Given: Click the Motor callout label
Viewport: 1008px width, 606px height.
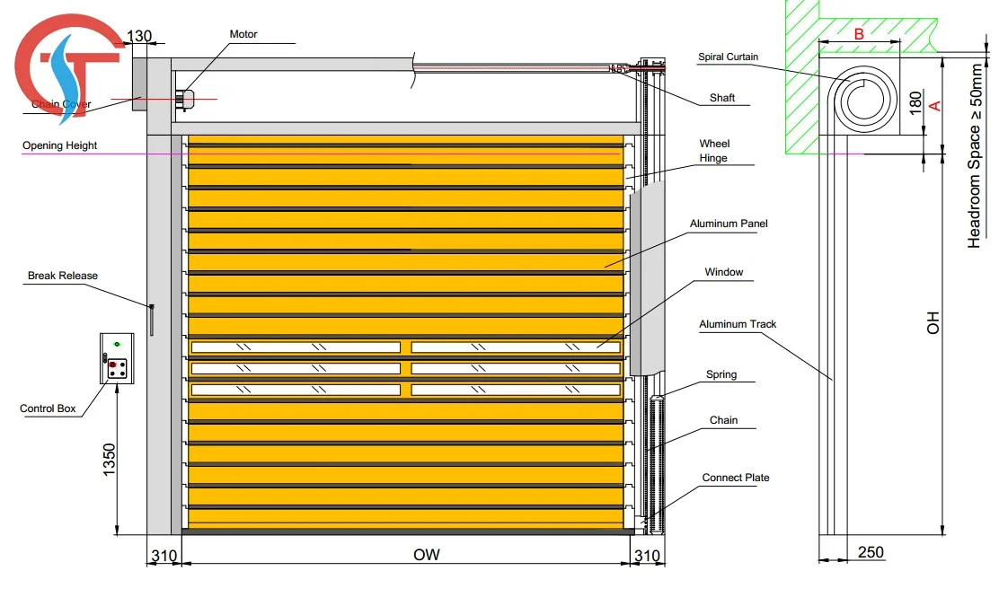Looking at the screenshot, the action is tap(243, 34).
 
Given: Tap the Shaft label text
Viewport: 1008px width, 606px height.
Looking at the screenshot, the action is tap(722, 98).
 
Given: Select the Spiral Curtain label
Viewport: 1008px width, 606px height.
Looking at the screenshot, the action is tap(728, 57).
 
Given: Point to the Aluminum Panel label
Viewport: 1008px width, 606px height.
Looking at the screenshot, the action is tap(729, 224).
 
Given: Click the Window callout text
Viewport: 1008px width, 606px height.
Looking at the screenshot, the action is tap(723, 272).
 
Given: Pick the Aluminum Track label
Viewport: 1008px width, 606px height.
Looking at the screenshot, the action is tap(738, 324).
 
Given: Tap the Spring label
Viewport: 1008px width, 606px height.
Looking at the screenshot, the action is tap(721, 374).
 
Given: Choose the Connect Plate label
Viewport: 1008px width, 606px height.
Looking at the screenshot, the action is tap(736, 478).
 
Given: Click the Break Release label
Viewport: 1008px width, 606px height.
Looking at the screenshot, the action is tap(63, 276).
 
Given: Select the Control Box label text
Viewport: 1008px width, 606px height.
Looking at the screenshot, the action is tap(48, 409).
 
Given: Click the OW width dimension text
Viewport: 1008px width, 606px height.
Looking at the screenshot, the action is tap(427, 555).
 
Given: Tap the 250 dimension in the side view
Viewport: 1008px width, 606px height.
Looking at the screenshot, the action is tap(870, 552).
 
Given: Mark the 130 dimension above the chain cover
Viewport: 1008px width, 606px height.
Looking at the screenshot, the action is tap(139, 37).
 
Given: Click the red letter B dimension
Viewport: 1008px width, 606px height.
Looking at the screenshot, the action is tap(858, 34).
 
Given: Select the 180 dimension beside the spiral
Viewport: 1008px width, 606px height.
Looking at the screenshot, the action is tap(915, 101).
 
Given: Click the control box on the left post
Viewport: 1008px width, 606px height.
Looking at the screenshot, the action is tap(116, 357).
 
